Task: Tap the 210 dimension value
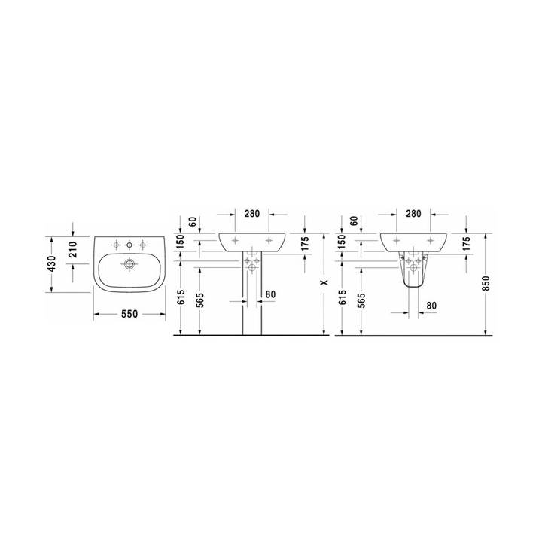74,248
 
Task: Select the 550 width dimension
129,315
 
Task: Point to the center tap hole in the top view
129,244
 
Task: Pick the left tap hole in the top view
117,244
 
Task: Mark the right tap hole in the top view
142,244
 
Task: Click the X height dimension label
324,283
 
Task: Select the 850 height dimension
486,283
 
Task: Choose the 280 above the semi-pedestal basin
413,214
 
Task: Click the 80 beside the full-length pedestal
271,294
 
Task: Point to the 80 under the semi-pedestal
432,306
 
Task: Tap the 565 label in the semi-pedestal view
362,301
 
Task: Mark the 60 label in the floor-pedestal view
193,222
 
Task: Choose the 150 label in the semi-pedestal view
343,242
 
